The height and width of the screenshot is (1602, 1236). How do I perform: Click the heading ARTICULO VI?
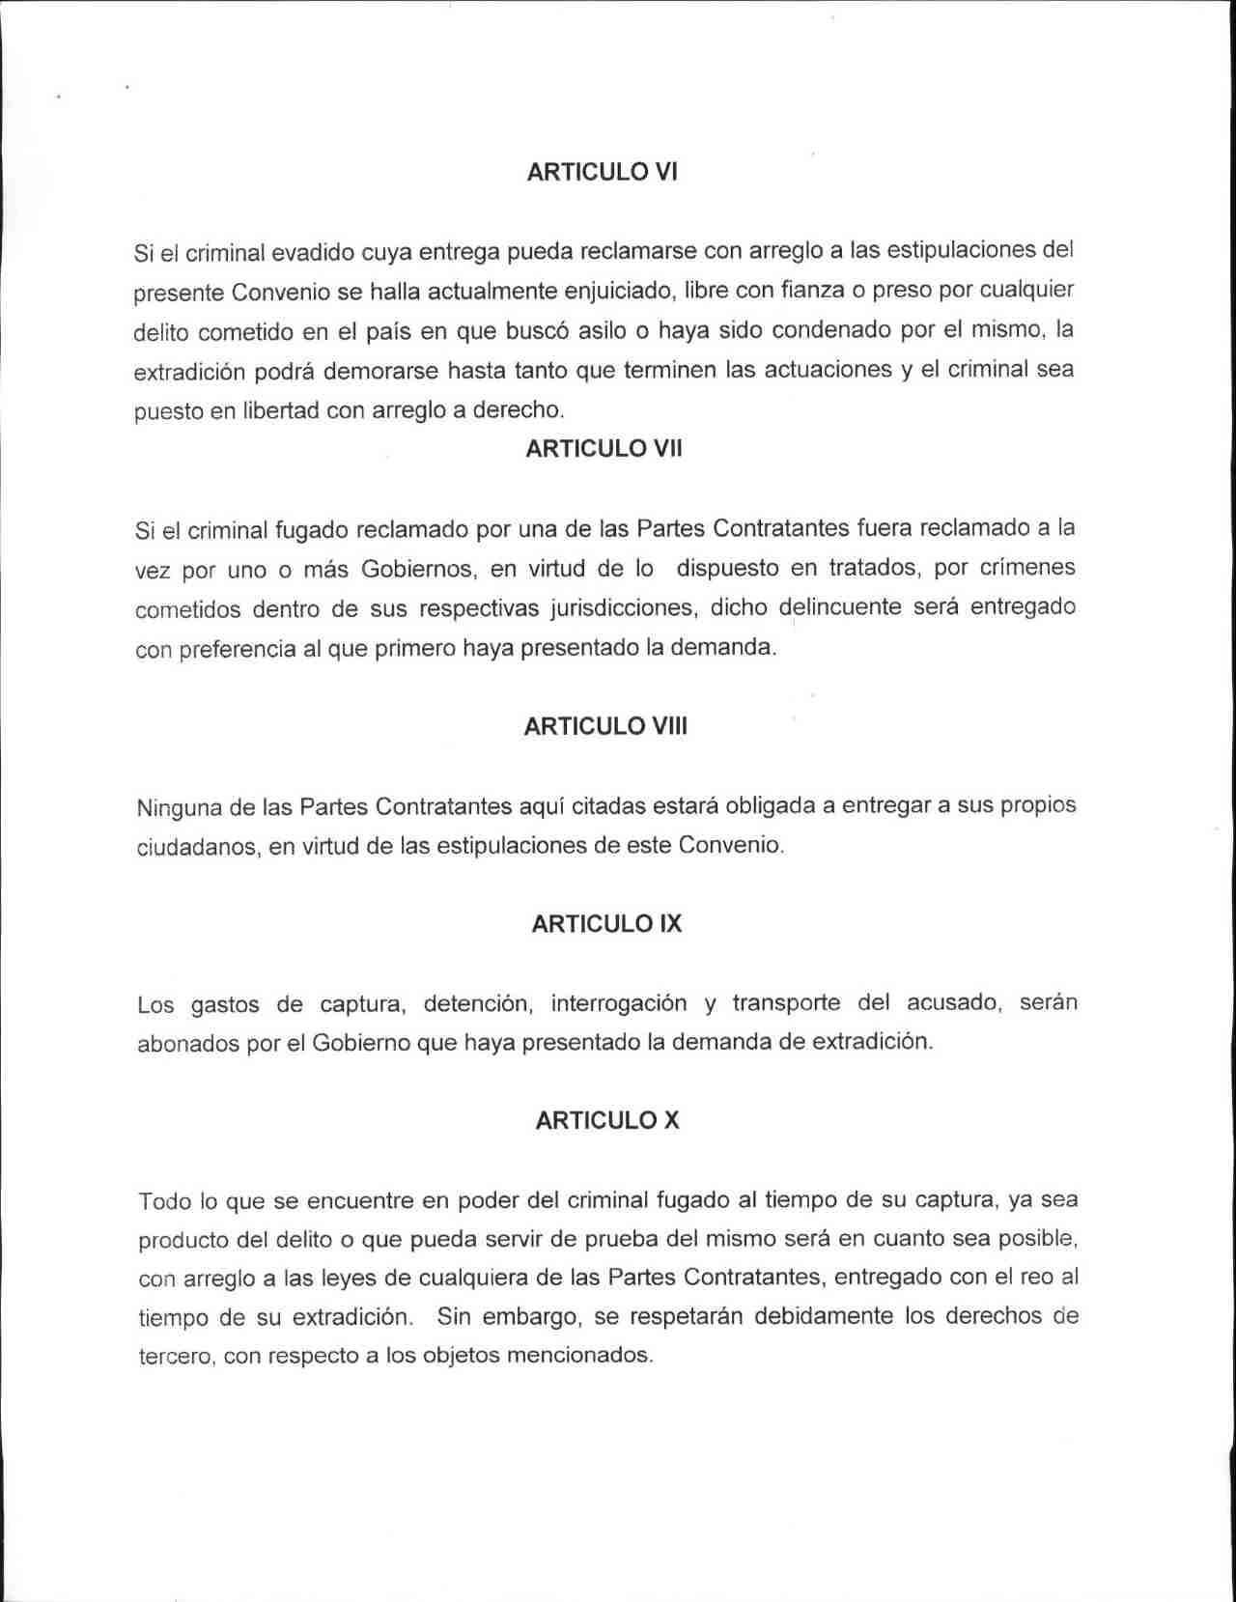[602, 172]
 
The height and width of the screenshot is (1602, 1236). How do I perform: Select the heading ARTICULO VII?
[604, 449]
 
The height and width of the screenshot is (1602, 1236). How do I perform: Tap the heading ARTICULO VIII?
[605, 726]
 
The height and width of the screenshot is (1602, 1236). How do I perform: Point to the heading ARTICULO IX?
[606, 924]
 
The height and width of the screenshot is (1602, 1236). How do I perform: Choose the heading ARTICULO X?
[606, 1120]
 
